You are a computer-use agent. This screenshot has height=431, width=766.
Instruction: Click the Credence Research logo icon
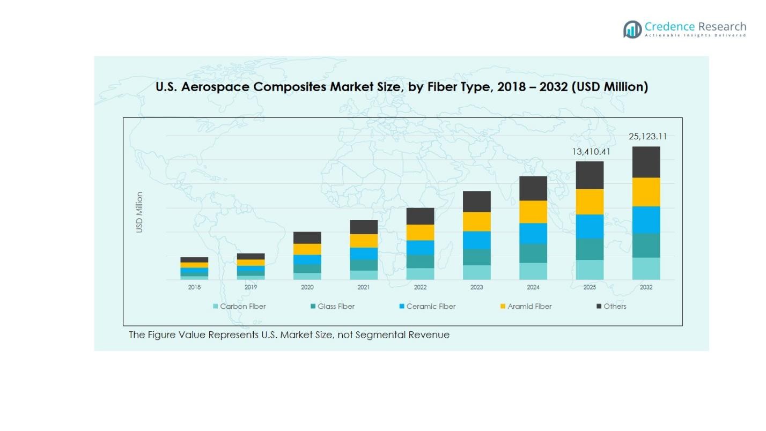(632, 29)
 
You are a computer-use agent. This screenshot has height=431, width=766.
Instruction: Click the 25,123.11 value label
(648, 137)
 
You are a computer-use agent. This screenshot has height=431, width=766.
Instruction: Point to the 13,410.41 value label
(591, 152)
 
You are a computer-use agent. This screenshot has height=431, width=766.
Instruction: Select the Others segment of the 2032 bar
(646, 162)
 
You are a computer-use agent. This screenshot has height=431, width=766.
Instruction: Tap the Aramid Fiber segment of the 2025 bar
(590, 202)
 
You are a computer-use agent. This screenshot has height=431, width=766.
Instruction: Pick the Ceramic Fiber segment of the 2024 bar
(533, 233)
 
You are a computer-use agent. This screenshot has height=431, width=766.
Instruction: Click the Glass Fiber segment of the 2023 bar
(476, 257)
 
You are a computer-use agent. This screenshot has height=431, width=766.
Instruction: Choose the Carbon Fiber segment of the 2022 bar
(420, 273)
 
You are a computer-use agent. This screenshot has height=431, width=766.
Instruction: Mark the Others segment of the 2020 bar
(307, 237)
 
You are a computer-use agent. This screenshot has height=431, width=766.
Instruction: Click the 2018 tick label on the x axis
(194, 287)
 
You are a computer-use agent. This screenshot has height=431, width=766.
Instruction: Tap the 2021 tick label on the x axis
(364, 287)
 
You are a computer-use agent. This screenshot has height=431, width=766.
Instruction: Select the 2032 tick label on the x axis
(646, 287)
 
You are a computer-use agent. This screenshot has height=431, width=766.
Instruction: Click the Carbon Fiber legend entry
(240, 307)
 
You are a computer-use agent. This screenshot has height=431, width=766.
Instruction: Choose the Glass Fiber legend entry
(333, 307)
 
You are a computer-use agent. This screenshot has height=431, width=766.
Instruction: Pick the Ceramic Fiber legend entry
(428, 307)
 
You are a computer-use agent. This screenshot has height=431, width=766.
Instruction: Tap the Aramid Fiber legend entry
(526, 307)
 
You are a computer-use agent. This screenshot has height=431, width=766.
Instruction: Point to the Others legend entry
(612, 307)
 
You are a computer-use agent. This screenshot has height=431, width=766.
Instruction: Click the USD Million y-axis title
(139, 212)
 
